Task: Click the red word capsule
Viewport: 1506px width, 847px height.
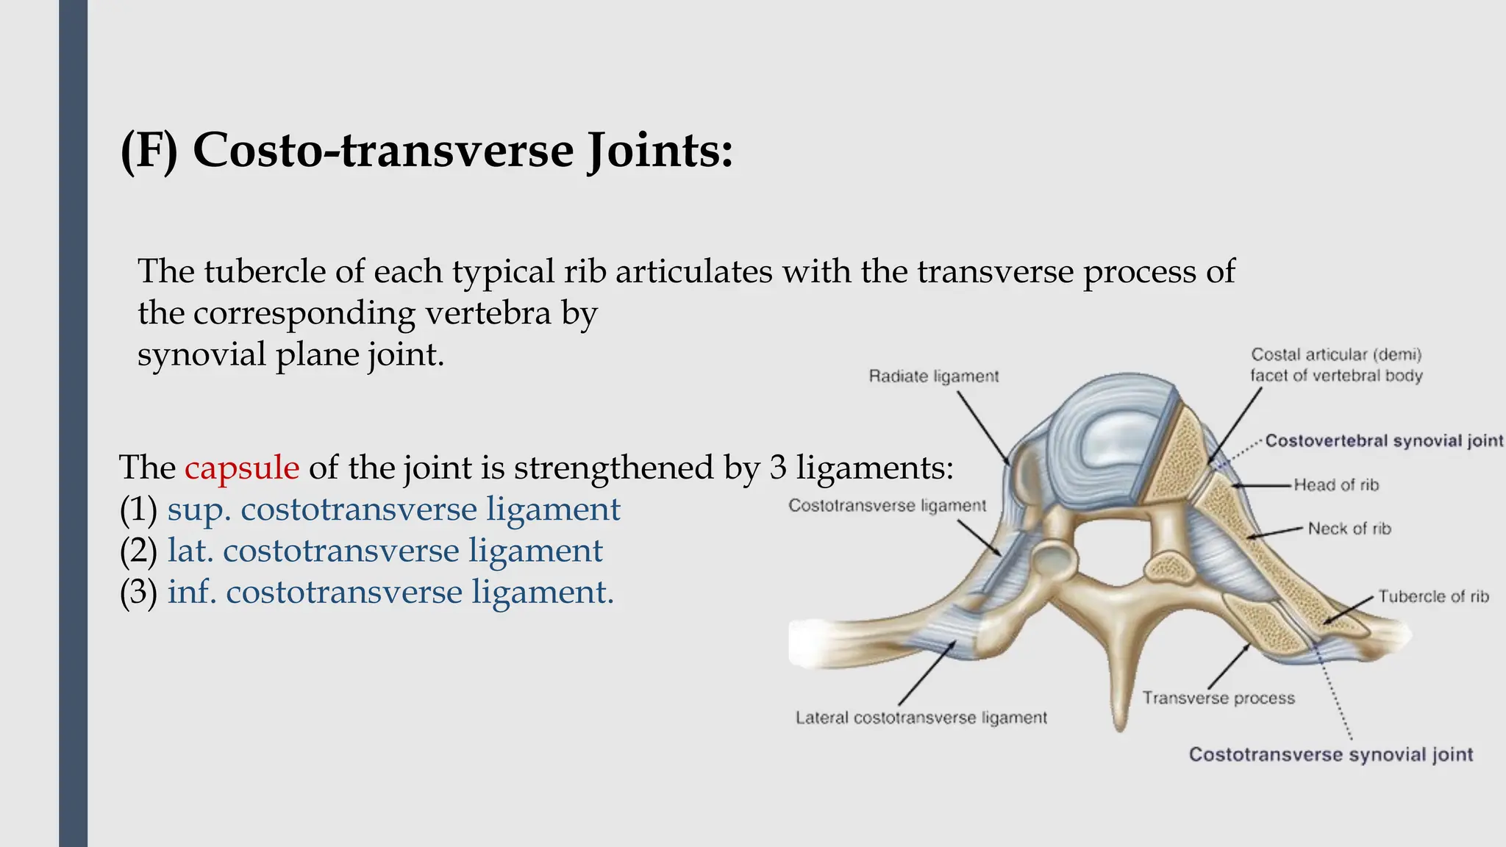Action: pyautogui.click(x=242, y=468)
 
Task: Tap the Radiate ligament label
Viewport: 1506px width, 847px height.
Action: pyautogui.click(x=933, y=376)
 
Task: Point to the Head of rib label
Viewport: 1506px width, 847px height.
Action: pyautogui.click(x=1335, y=485)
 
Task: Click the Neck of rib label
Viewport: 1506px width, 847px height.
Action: pyautogui.click(x=1349, y=529)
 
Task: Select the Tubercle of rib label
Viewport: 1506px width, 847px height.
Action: pyautogui.click(x=1432, y=596)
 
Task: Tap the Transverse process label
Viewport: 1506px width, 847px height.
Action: pyautogui.click(x=1218, y=698)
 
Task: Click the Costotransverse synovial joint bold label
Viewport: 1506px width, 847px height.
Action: pyautogui.click(x=1330, y=755)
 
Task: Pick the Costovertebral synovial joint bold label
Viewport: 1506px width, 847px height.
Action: pyautogui.click(x=1383, y=441)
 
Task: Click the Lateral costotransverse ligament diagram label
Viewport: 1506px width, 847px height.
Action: pyautogui.click(x=921, y=718)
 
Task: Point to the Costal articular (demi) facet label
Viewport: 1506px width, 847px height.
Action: pyautogui.click(x=1336, y=365)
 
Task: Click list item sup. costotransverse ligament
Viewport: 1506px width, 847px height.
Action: pyautogui.click(x=393, y=510)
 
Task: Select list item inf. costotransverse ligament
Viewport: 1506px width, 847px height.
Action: pyautogui.click(x=390, y=593)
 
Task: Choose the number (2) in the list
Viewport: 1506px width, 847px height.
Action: pyautogui.click(x=138, y=551)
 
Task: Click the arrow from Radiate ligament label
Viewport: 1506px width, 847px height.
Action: pyautogui.click(x=982, y=426)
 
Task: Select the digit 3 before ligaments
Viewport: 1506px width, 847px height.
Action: pyautogui.click(x=778, y=468)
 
